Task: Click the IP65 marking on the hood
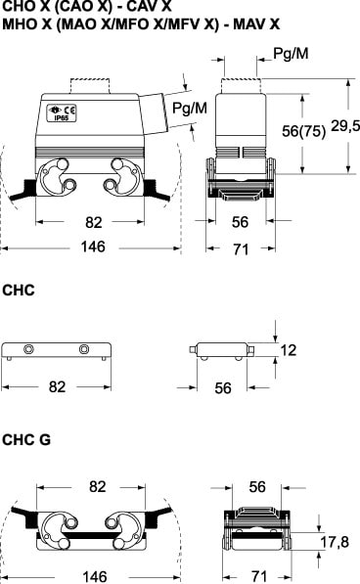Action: [x=62, y=118]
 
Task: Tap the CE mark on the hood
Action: [x=69, y=111]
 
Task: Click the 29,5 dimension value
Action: [x=345, y=126]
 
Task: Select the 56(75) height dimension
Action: [x=303, y=131]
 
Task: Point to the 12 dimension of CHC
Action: [x=289, y=350]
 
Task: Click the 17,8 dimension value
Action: [x=335, y=542]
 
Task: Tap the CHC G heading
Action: [x=26, y=440]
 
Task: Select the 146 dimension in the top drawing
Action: [x=93, y=247]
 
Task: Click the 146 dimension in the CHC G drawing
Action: [x=95, y=577]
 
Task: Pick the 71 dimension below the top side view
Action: [x=241, y=249]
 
